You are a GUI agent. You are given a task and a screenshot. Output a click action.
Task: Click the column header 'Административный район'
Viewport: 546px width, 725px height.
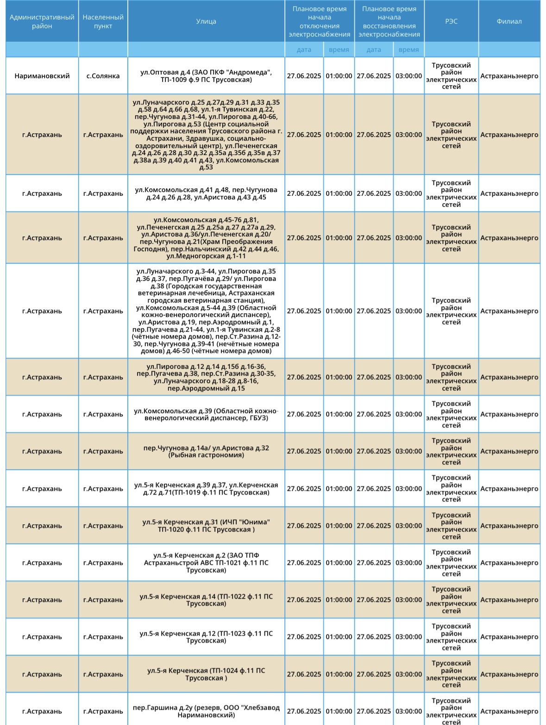42,21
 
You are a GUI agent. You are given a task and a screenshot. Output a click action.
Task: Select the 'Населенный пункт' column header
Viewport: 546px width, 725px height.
103,21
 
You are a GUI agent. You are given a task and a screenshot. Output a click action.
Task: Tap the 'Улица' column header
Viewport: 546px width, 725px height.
206,21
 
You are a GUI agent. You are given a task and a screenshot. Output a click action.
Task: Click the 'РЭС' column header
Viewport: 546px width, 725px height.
451,21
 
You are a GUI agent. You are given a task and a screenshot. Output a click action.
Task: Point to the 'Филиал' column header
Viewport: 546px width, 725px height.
509,21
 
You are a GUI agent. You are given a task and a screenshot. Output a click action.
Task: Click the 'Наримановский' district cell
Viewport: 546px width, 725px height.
42,76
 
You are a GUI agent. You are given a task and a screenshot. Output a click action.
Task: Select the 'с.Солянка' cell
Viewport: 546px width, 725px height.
103,76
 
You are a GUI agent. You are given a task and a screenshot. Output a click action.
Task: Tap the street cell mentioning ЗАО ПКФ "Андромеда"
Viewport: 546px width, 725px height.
206,76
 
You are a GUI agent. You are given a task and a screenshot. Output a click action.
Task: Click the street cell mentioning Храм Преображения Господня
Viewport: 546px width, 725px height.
206,238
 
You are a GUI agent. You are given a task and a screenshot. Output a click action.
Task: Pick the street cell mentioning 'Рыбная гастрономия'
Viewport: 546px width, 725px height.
206,452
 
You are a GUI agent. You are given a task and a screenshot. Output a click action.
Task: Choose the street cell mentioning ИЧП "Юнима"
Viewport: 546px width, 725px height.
206,526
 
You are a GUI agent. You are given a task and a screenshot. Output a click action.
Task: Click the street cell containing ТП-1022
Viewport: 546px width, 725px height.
206,600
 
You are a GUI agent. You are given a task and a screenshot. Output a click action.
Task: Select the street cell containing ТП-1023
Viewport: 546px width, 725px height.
206,637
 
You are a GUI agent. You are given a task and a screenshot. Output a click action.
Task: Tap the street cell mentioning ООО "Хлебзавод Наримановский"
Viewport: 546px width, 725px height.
206,711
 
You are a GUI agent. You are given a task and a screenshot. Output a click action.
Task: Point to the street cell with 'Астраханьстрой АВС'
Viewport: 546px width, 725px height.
206,563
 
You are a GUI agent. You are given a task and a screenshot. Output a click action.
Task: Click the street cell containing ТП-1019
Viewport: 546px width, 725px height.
206,489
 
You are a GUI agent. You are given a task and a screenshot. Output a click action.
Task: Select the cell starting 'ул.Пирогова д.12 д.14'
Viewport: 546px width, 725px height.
206,377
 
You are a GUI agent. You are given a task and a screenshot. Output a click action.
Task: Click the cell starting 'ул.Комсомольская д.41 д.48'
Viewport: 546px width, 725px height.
206,193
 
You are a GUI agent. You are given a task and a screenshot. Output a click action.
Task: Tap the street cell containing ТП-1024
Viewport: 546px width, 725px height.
206,674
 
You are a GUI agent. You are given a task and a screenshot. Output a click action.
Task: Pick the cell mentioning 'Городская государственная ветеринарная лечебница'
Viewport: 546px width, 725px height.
206,311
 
